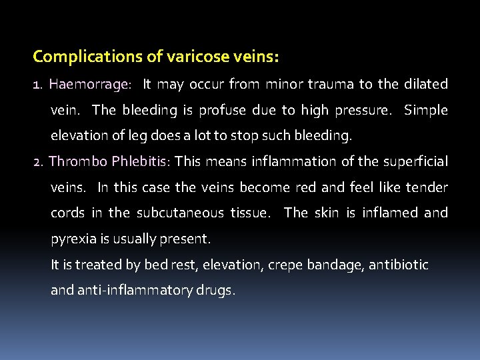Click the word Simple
pyautogui.click(x=426, y=110)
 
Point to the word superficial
pyautogui.click(x=414, y=162)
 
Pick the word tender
pyautogui.click(x=427, y=187)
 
